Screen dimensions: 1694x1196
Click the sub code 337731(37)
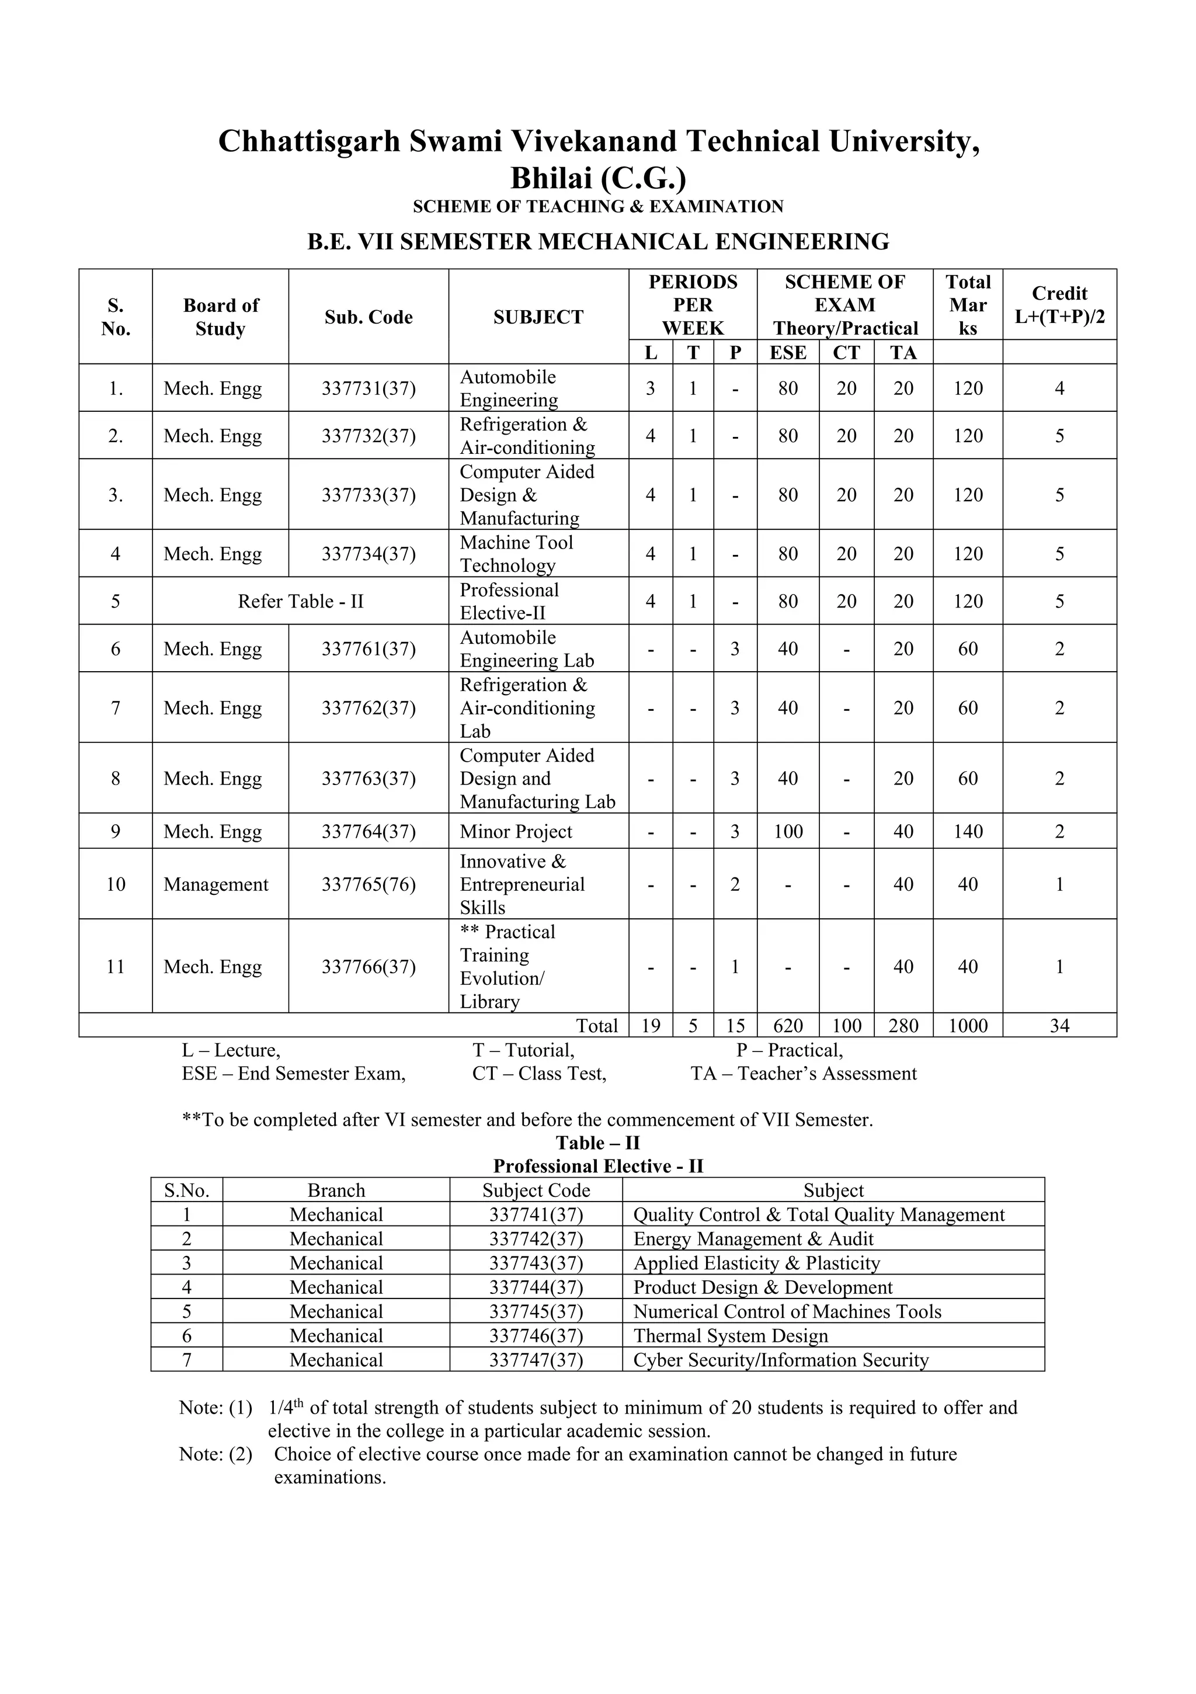pos(368,388)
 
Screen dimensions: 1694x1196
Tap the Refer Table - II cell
pos(300,601)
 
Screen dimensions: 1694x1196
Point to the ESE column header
pos(787,353)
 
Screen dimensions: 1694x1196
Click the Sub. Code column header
pos(368,317)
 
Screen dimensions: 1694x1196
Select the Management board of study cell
pos(215,884)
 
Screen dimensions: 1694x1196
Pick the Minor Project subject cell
pos(516,831)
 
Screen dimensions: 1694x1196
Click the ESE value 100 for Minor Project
pos(787,831)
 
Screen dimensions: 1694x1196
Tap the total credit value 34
pos(1059,1026)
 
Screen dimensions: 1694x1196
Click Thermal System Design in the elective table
pos(731,1335)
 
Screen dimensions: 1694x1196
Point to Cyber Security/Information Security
pos(781,1360)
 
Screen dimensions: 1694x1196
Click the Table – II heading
pos(597,1143)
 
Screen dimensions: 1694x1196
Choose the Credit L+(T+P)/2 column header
pos(1059,305)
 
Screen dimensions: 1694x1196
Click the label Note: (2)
pos(215,1455)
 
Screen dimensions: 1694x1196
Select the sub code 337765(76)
pos(368,884)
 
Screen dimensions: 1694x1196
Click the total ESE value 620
pos(787,1026)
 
